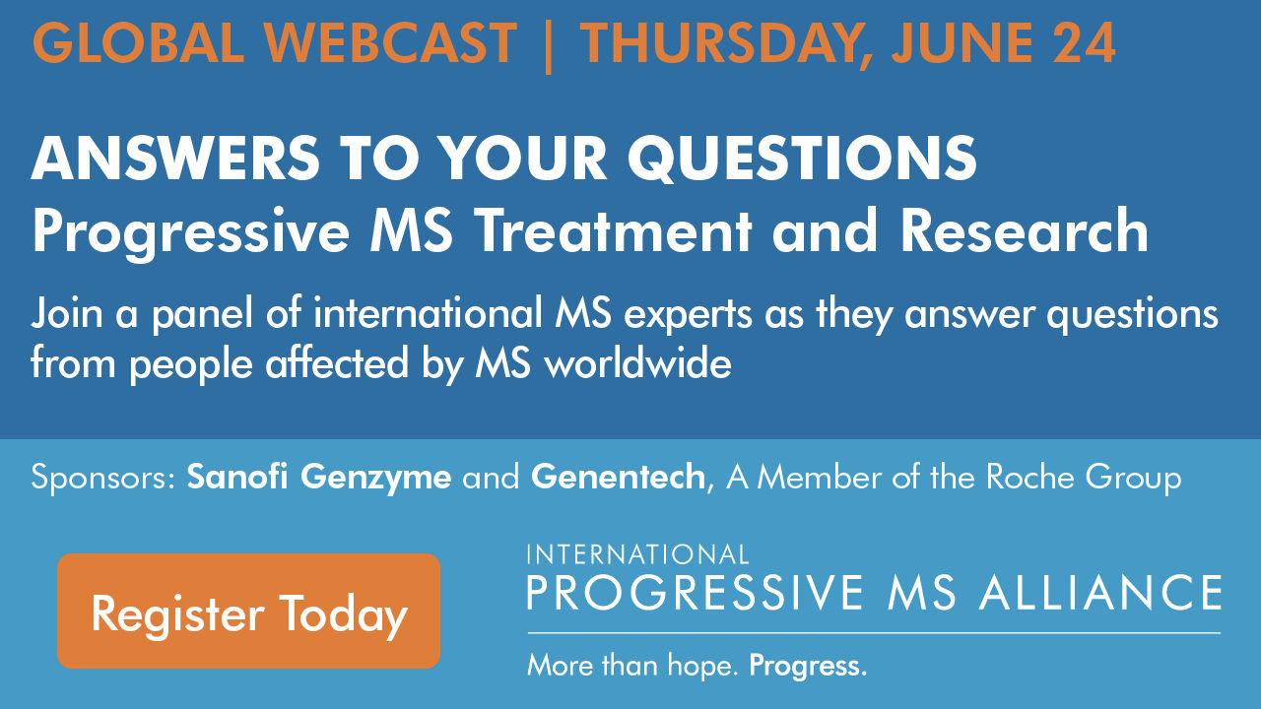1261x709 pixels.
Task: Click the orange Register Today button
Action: click(x=249, y=612)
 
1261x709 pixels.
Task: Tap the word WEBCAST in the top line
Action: click(x=391, y=42)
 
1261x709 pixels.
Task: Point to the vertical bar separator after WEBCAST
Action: click(x=549, y=46)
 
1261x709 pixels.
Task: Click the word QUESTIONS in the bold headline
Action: click(x=802, y=159)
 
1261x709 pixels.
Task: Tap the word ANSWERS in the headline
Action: click(x=175, y=159)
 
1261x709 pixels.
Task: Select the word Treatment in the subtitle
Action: click(x=616, y=230)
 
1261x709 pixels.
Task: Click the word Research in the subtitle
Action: click(x=1025, y=230)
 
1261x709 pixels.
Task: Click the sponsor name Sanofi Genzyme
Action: click(x=319, y=478)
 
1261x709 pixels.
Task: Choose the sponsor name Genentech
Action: click(x=618, y=478)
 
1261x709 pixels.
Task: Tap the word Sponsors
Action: click(x=104, y=479)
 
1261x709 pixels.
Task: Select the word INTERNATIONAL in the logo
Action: click(x=637, y=554)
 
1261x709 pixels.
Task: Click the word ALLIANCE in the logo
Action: click(x=1100, y=593)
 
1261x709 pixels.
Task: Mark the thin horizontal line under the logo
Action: click(x=874, y=633)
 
